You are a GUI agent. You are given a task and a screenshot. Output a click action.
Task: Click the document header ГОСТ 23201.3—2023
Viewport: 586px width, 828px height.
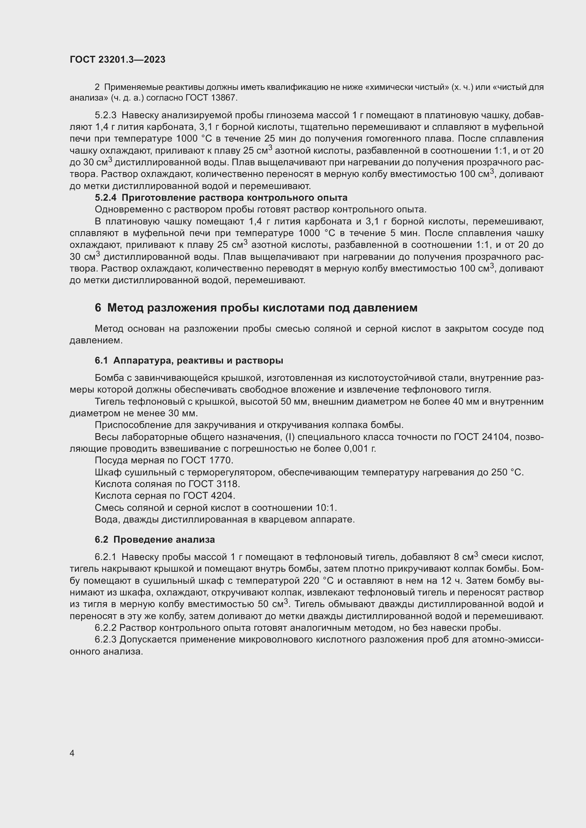click(117, 59)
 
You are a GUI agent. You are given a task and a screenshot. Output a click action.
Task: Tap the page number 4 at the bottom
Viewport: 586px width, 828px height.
click(72, 753)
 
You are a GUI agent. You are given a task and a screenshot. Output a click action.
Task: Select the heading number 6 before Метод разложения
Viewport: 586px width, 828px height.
click(98, 308)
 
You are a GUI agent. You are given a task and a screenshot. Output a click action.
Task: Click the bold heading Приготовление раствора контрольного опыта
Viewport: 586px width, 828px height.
click(235, 198)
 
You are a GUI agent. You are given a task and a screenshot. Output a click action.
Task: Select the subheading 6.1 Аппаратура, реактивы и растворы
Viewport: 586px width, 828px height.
click(189, 360)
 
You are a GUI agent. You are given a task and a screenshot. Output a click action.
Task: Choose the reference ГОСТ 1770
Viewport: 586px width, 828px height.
click(207, 461)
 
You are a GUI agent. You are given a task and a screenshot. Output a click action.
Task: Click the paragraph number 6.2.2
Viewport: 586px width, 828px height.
click(106, 628)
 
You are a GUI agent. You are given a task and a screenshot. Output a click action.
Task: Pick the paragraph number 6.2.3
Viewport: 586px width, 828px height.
click(106, 640)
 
